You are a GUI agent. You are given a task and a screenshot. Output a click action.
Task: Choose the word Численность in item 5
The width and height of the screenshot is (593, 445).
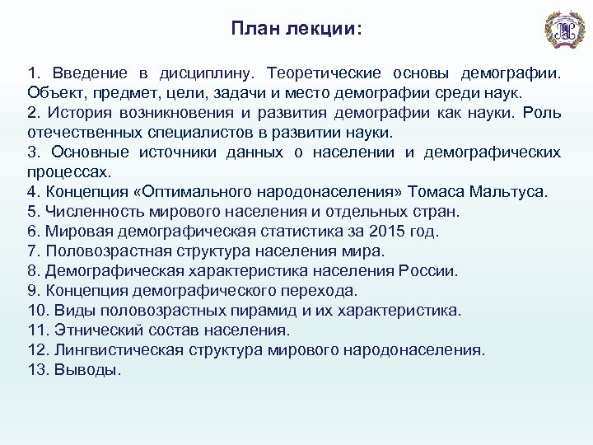(x=98, y=212)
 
